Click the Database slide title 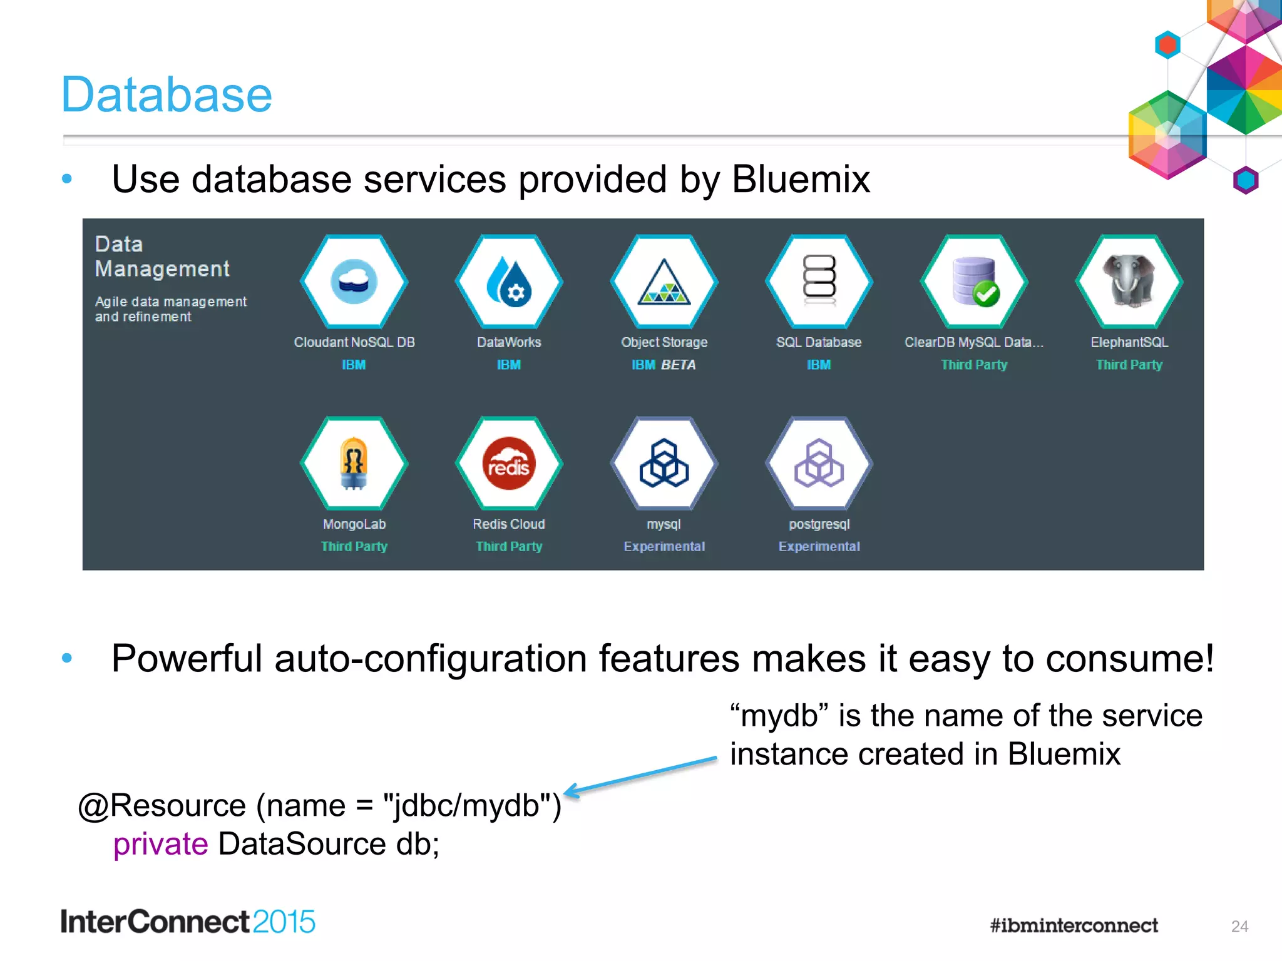pyautogui.click(x=167, y=95)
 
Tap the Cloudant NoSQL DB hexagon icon pyautogui.click(x=354, y=282)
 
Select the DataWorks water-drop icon pyautogui.click(x=509, y=282)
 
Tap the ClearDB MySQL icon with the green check pyautogui.click(x=974, y=282)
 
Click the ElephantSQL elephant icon pyautogui.click(x=1129, y=282)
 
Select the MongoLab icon pyautogui.click(x=354, y=464)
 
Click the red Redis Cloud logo pyautogui.click(x=509, y=464)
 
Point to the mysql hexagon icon pyautogui.click(x=664, y=464)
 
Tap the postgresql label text pyautogui.click(x=819, y=524)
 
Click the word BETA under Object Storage pyautogui.click(x=679, y=365)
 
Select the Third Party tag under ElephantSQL pyautogui.click(x=1129, y=365)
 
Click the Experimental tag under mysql pyautogui.click(x=664, y=546)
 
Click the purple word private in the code pyautogui.click(x=160, y=844)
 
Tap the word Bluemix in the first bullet pyautogui.click(x=801, y=180)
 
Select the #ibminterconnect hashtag pyautogui.click(x=1074, y=925)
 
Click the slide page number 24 pyautogui.click(x=1239, y=926)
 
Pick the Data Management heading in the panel pyautogui.click(x=162, y=257)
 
